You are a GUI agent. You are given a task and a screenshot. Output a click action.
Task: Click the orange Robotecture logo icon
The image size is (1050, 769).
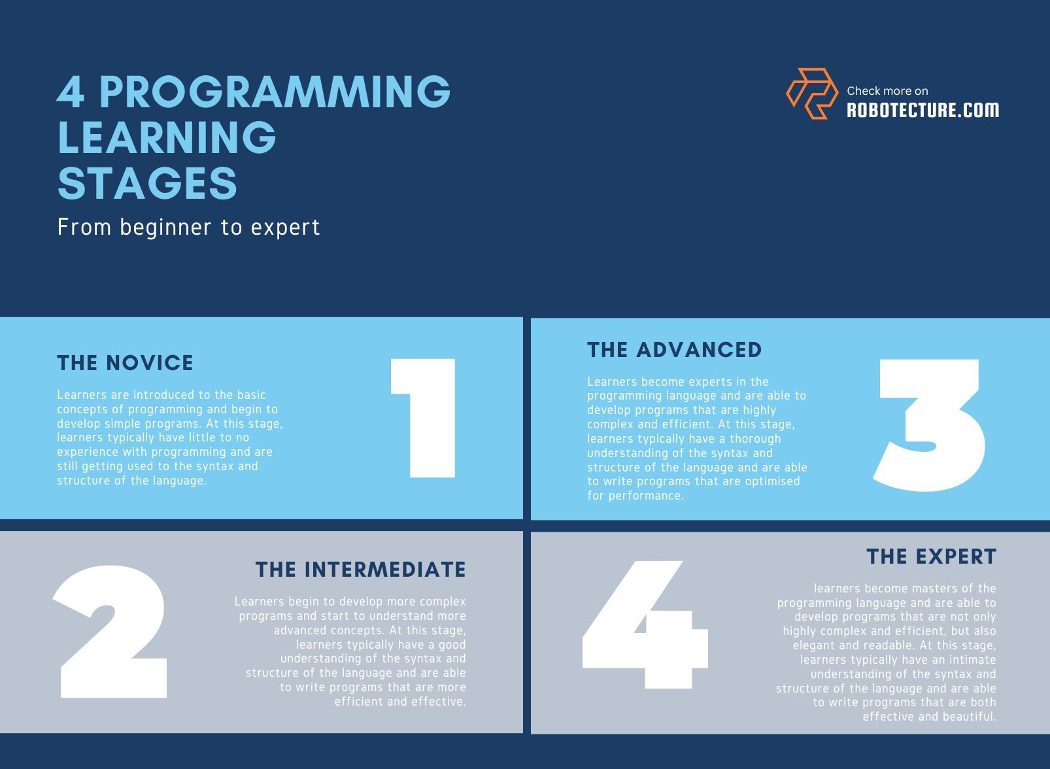click(x=811, y=94)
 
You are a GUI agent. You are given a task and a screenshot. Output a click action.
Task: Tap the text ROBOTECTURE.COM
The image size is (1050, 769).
click(x=923, y=110)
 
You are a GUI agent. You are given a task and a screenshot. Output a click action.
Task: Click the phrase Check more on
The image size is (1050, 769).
click(x=887, y=91)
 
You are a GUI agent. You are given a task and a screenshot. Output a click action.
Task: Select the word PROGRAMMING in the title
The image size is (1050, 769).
click(x=275, y=92)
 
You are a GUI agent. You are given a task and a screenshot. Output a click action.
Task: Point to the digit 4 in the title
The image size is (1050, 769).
click(x=71, y=92)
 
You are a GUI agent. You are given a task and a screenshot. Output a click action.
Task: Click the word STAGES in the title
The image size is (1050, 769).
click(x=147, y=183)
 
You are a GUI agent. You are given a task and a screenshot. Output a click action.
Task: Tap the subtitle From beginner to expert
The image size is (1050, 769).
click(x=188, y=227)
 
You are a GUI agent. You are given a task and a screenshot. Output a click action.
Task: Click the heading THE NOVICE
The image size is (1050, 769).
click(x=125, y=363)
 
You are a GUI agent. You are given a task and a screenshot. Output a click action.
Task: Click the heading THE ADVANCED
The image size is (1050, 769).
click(x=674, y=350)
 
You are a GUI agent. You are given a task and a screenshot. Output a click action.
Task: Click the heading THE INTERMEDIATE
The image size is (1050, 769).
click(x=360, y=570)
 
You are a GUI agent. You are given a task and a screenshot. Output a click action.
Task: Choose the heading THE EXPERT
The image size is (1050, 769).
click(x=931, y=556)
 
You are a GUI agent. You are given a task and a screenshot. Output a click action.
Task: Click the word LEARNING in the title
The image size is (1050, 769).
click(x=167, y=137)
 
